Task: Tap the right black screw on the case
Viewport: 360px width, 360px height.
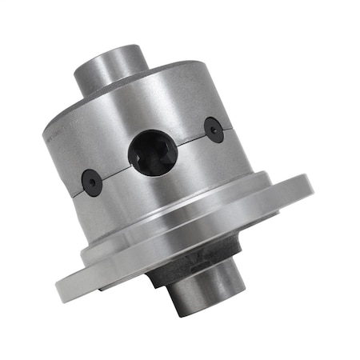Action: tap(214, 130)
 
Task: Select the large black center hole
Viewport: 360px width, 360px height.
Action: tap(153, 153)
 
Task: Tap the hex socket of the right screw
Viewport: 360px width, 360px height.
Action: tap(214, 130)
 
